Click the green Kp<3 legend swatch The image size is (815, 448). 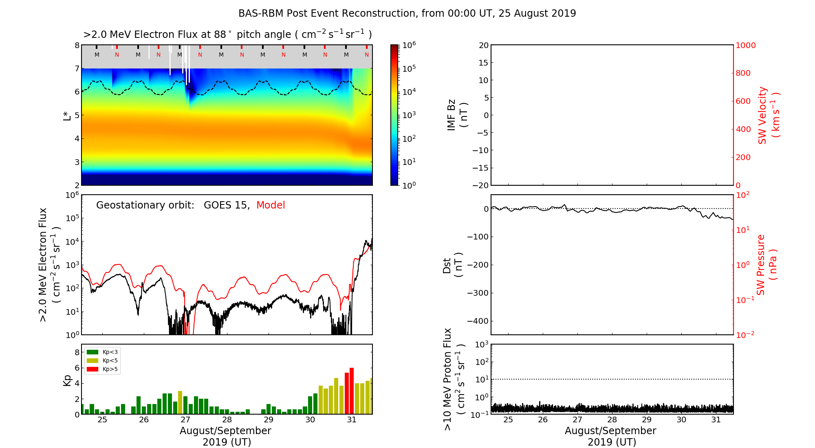93,352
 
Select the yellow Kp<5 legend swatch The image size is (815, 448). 93,360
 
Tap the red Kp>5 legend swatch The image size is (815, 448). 93,369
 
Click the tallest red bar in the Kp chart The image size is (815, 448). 352,391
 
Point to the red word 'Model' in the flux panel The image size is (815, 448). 271,205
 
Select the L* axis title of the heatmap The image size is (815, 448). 67,115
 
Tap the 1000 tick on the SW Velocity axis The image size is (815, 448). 745,45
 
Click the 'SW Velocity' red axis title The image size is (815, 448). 762,115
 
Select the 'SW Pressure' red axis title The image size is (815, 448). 761,265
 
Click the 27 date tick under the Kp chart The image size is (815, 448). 185,420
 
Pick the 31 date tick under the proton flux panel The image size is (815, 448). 716,420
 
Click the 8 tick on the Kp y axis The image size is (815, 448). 77,352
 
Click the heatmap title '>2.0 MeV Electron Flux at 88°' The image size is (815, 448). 227,35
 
